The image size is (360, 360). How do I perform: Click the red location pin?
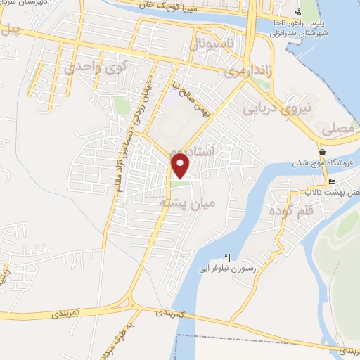tap(181, 165)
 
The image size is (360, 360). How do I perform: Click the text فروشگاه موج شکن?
tap(327, 164)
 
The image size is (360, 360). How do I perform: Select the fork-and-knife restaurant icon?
tap(227, 257)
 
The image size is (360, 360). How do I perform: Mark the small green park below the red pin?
tap(181, 185)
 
